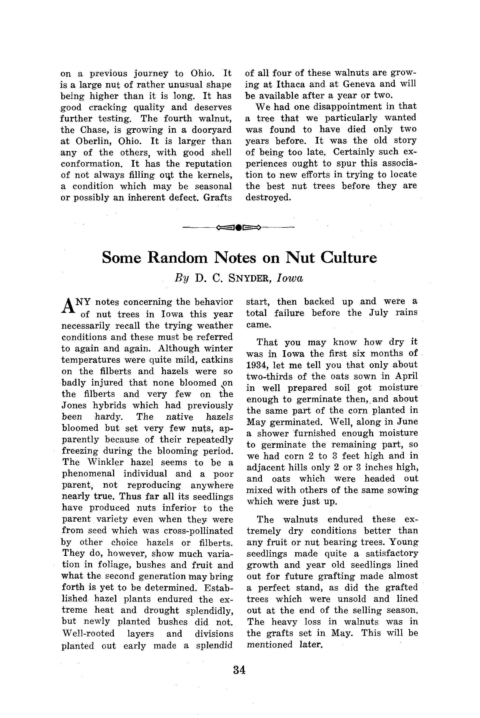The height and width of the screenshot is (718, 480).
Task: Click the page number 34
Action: pyautogui.click(x=239, y=670)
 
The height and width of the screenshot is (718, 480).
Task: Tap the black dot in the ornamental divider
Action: pyautogui.click(x=239, y=227)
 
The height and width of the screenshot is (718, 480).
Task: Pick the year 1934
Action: pyautogui.click(x=257, y=365)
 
